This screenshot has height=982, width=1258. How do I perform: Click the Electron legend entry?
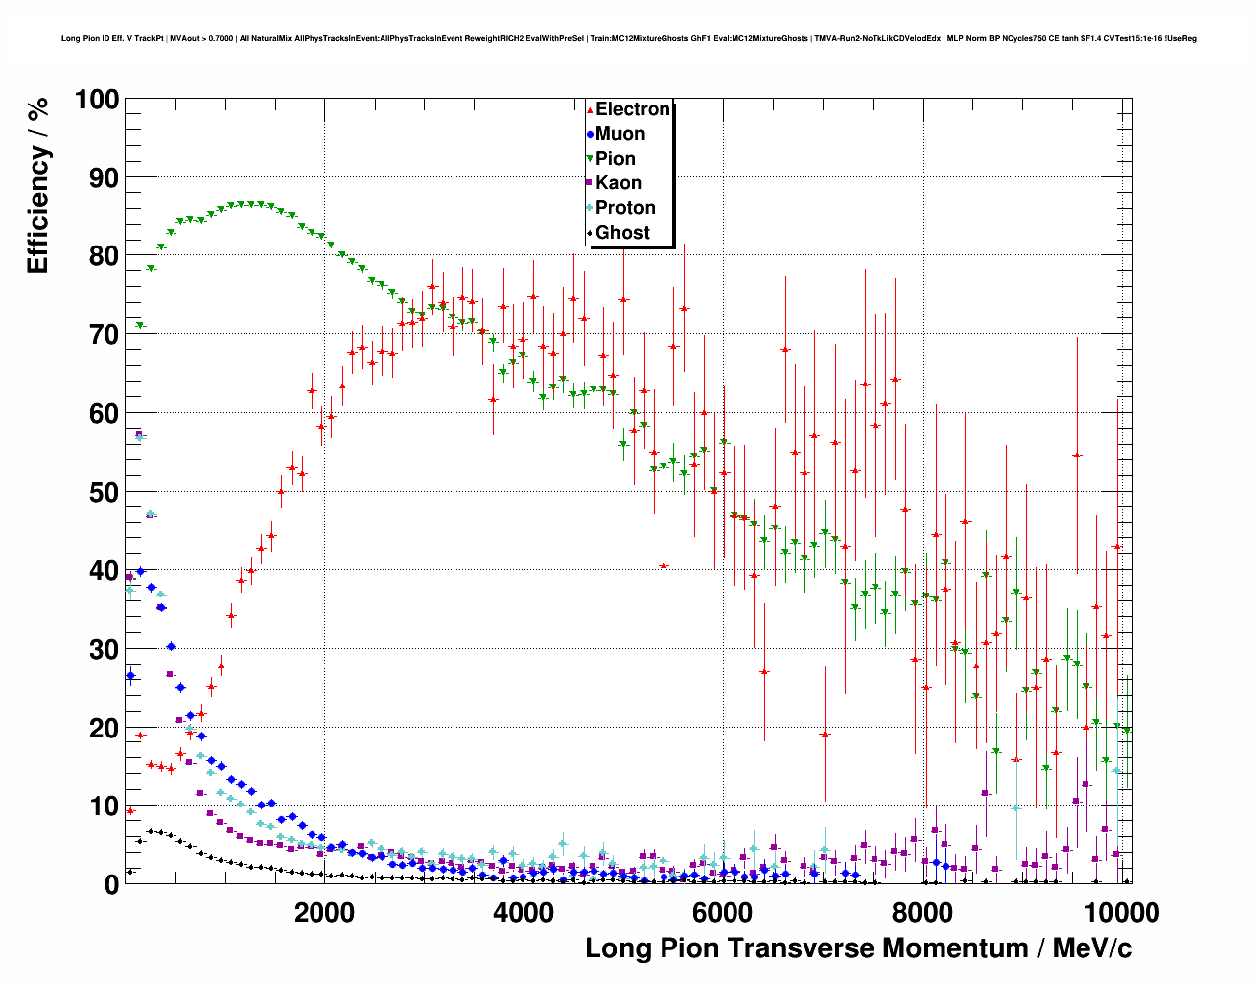(x=632, y=109)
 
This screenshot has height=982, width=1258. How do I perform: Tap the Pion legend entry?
(x=615, y=159)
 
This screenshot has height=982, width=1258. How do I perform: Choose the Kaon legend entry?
(x=618, y=183)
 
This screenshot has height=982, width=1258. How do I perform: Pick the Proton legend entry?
(x=625, y=208)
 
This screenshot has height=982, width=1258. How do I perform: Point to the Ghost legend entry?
(x=622, y=233)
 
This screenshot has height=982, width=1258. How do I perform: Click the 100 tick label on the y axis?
(x=97, y=100)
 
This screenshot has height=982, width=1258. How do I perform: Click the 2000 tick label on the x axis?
(x=323, y=913)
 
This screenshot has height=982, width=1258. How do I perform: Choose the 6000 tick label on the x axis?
(x=722, y=913)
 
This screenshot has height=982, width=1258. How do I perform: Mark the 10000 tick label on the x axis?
(x=1120, y=913)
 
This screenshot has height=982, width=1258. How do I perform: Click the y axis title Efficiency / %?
(x=37, y=186)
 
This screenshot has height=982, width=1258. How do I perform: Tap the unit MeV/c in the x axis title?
(x=1091, y=948)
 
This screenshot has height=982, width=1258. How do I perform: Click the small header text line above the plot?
(x=628, y=38)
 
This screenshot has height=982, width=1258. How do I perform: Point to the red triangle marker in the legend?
(x=590, y=110)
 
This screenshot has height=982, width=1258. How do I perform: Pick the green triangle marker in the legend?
(x=590, y=159)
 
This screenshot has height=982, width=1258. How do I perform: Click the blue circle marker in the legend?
(x=590, y=134)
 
